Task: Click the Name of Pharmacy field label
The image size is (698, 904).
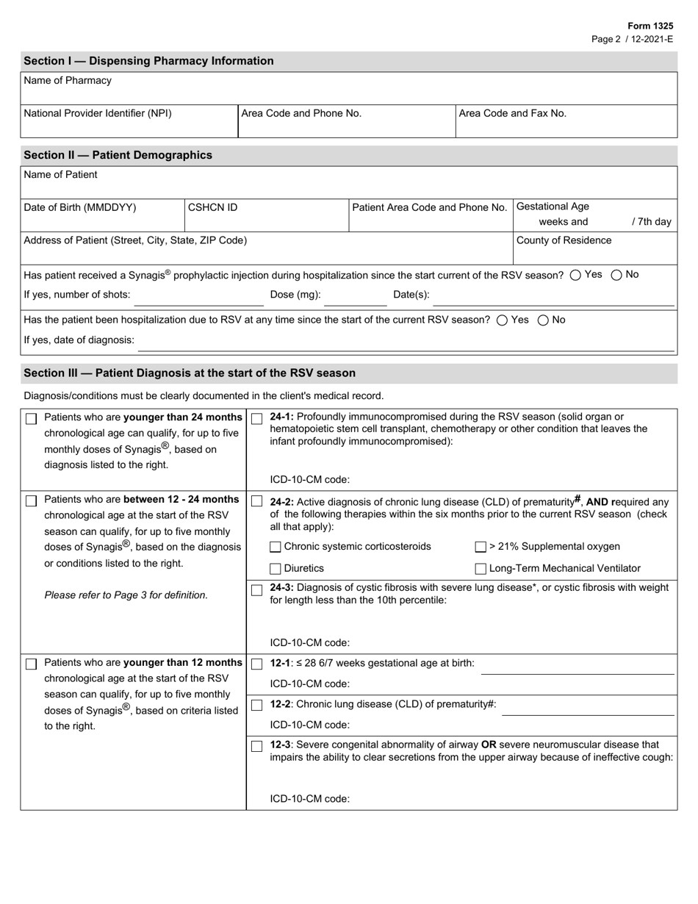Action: [x=68, y=81]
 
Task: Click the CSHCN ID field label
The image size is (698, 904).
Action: [x=213, y=207]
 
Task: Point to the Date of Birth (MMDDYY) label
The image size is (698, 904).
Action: [x=80, y=207]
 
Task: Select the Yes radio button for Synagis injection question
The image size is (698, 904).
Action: [x=575, y=275]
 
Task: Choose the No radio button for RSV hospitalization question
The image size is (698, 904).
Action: [x=544, y=320]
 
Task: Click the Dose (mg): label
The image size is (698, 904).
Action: [x=296, y=295]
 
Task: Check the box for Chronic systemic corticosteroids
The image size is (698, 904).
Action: [x=276, y=547]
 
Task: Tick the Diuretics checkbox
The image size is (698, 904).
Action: [x=276, y=569]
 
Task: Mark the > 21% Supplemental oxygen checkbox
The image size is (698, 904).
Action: [x=481, y=547]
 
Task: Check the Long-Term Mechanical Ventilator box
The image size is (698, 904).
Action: [x=481, y=569]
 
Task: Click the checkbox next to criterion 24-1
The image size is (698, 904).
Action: [x=256, y=418]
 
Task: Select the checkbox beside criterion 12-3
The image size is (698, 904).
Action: [x=256, y=747]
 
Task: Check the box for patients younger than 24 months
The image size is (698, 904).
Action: [x=31, y=419]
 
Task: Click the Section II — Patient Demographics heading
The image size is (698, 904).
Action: [x=118, y=155]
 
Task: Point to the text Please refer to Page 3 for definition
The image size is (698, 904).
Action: [x=126, y=595]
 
